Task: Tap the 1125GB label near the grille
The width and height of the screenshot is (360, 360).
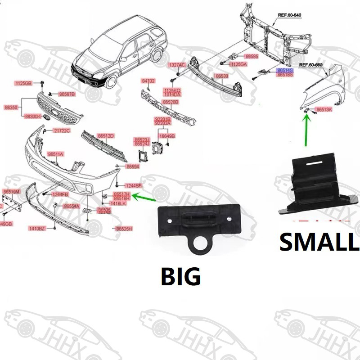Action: [x=23, y=83]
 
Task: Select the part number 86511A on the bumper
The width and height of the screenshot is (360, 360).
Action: [x=56, y=154]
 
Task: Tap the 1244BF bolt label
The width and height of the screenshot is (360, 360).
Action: [x=133, y=185]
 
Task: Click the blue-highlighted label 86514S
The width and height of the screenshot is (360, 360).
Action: [x=285, y=71]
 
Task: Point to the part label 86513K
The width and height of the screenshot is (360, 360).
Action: [x=324, y=109]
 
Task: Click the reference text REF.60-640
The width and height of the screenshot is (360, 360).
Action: [x=289, y=15]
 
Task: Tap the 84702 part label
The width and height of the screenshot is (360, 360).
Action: [x=148, y=81]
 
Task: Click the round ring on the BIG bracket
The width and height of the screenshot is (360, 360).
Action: [x=198, y=246]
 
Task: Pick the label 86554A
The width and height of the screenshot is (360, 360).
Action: [x=72, y=206]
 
